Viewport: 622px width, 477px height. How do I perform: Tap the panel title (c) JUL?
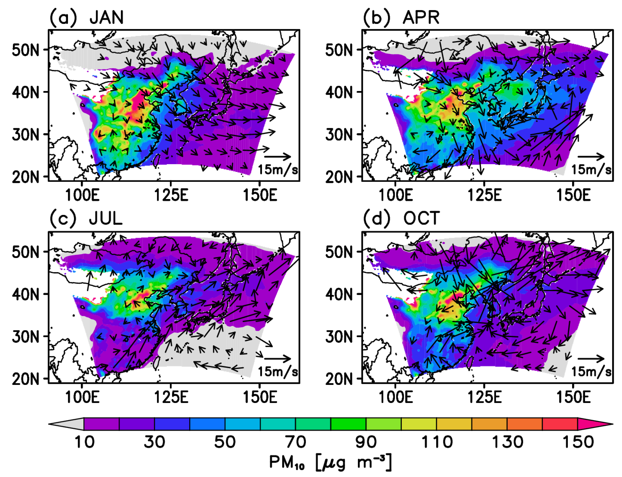pyautogui.click(x=86, y=218)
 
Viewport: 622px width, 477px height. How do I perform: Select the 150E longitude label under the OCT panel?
pyautogui.click(x=573, y=397)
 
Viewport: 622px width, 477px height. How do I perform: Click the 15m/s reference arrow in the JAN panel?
pyautogui.click(x=277, y=156)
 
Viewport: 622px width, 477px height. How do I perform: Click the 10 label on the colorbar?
pyautogui.click(x=84, y=442)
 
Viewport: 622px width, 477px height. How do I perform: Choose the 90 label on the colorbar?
pyautogui.click(x=366, y=442)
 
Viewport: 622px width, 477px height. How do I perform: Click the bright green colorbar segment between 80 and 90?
pyautogui.click(x=348, y=424)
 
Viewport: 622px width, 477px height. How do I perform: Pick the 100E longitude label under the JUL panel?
pyautogui.click(x=82, y=397)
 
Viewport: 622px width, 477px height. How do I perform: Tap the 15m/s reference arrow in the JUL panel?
pyautogui.click(x=277, y=359)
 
